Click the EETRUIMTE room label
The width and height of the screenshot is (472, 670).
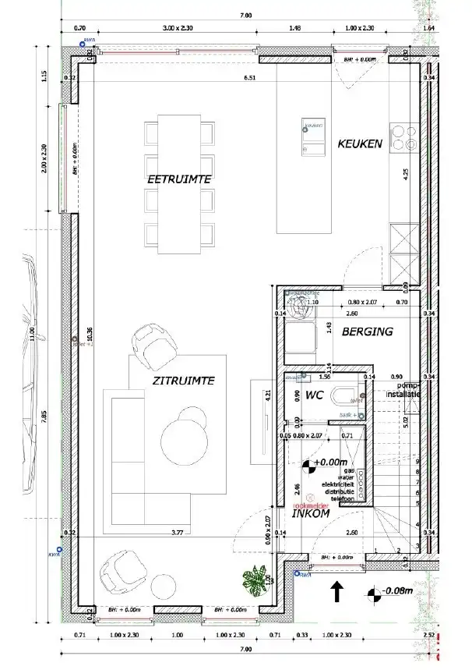pyautogui.click(x=180, y=179)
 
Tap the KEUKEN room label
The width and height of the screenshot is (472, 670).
pyautogui.click(x=359, y=144)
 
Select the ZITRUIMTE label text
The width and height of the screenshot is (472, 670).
pyautogui.click(x=183, y=380)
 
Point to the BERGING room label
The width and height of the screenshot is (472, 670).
pyautogui.click(x=366, y=331)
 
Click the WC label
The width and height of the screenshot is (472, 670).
pyautogui.click(x=314, y=395)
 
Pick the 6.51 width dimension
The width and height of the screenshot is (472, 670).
pyautogui.click(x=250, y=78)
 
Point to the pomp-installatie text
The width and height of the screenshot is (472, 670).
pyautogui.click(x=407, y=390)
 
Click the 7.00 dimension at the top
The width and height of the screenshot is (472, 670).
pyautogui.click(x=245, y=15)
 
